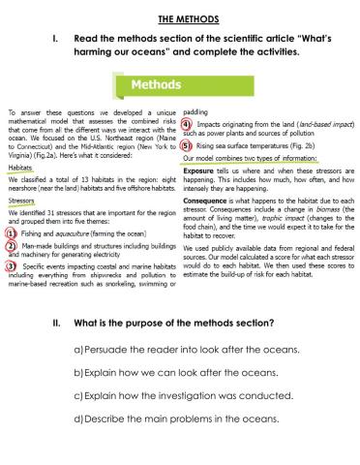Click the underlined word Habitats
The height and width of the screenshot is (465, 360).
(x=19, y=167)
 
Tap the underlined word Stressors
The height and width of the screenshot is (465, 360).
(x=20, y=200)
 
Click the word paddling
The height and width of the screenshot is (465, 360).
(x=196, y=112)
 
